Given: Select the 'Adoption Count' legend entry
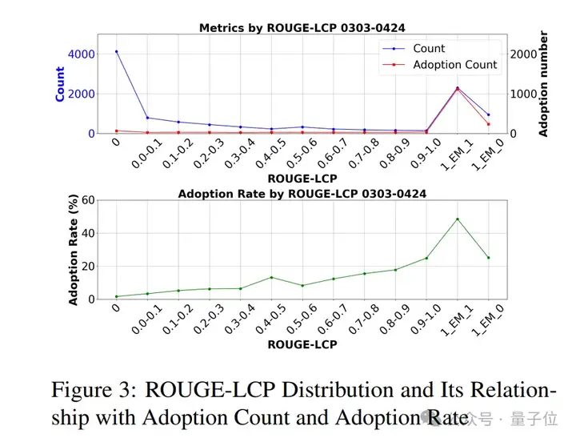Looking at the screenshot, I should [x=454, y=65].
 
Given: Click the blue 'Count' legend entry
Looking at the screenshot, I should [x=429, y=48].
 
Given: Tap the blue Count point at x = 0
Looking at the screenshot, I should [x=116, y=51].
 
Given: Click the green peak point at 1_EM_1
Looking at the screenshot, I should [x=458, y=219].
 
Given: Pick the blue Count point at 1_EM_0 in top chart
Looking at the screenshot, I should [x=489, y=115].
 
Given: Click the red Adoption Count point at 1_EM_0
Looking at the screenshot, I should [x=489, y=124].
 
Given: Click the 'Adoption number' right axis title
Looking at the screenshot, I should [x=544, y=83].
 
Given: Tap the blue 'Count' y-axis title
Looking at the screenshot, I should [x=60, y=83].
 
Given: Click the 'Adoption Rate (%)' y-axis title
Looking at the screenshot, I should [x=74, y=251].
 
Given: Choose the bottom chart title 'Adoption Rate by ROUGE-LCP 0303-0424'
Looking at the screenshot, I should [x=302, y=194].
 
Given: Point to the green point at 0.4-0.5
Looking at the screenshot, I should [x=271, y=277].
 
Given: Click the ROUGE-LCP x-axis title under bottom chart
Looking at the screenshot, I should [x=302, y=344].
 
